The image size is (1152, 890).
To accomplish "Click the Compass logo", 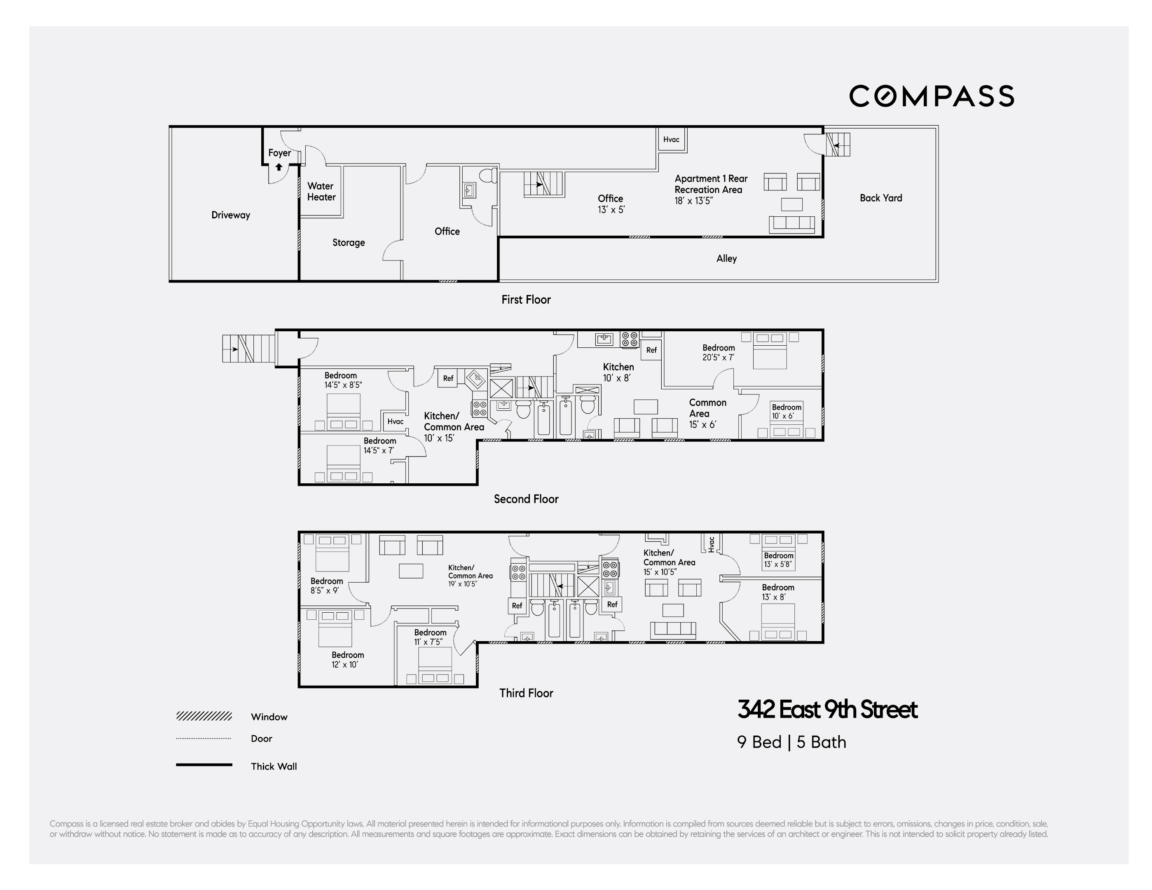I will point(931,96).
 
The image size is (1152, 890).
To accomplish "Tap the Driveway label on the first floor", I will point(230,215).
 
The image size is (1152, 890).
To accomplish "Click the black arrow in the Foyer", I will point(279,167).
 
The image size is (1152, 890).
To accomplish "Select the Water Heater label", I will point(321,192).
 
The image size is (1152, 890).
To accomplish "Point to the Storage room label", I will point(348,243).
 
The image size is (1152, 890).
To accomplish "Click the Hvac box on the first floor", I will point(671,140).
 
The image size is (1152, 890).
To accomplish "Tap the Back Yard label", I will point(880,198).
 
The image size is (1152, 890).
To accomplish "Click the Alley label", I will point(726,258).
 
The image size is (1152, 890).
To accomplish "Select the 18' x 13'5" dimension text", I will point(693,201).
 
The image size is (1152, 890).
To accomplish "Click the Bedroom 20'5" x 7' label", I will point(719,352).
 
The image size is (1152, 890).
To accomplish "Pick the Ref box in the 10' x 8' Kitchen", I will point(651,350).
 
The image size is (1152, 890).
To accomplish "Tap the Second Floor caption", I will point(525,499).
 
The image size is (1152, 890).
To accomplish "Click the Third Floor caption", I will point(525,693).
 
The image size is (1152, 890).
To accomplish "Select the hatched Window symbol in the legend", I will point(204,717).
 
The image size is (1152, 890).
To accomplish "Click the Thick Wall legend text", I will point(273,766).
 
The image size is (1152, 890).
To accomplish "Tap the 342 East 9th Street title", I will point(827,710).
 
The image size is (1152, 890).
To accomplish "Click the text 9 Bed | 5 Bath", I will point(791,742).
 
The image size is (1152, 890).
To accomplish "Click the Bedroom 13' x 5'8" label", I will point(779,560).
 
